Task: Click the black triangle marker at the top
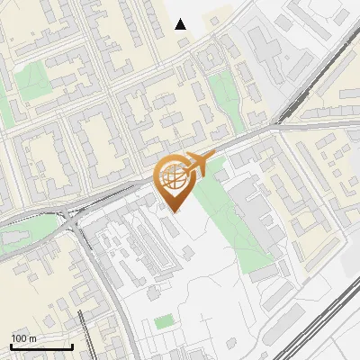[x=181, y=24]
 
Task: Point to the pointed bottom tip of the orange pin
[x=171, y=211]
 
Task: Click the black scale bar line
[x=41, y=347]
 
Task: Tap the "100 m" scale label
[x=24, y=338]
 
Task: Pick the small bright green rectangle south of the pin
[x=163, y=321]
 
